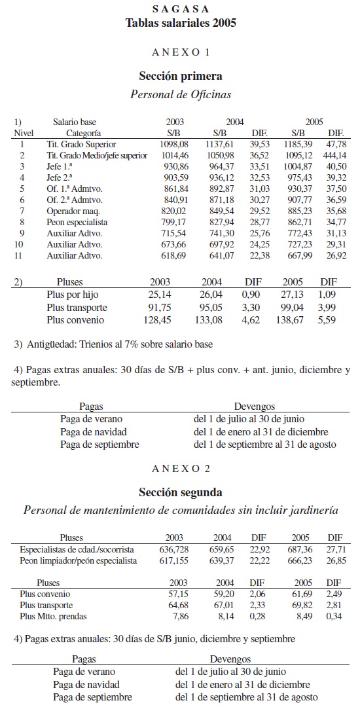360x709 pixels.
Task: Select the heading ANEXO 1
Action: (180, 51)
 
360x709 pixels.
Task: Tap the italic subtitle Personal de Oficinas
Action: (181, 94)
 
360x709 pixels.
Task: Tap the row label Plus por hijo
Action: (73, 295)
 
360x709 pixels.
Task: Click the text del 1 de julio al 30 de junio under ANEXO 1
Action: (249, 419)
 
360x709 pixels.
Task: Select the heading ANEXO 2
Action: (180, 468)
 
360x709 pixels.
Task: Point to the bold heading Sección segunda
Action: (180, 492)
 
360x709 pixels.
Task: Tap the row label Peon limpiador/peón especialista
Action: (79, 560)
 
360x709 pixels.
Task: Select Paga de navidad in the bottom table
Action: (86, 685)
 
